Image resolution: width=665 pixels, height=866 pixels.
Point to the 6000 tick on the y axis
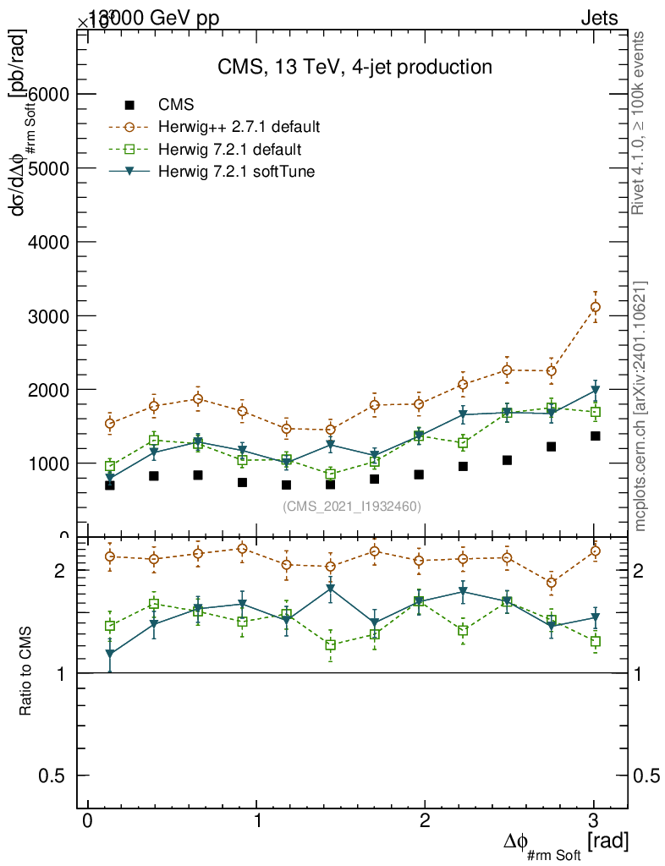52,95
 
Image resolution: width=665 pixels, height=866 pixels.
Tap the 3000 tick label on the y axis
52,316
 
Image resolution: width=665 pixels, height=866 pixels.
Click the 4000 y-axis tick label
52,243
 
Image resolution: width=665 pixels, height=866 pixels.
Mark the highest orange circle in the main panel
595,307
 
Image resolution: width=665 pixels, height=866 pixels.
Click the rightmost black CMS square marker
595,436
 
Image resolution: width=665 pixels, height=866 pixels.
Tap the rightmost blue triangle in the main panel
595,391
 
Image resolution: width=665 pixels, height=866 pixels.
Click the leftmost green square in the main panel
110,466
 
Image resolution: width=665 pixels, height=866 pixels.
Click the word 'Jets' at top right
598,19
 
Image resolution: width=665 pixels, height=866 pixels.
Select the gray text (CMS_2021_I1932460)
352,506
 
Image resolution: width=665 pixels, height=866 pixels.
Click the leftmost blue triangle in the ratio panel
110,654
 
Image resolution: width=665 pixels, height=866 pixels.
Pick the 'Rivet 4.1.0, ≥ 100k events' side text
640,123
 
